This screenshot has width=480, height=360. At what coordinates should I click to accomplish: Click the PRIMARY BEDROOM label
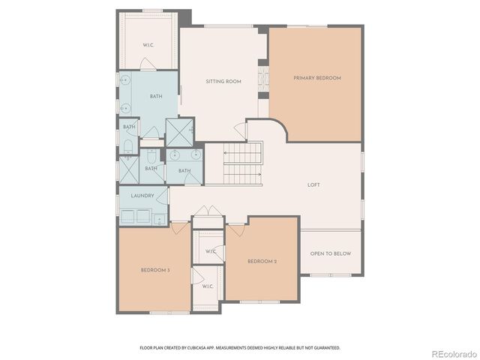coord(317,78)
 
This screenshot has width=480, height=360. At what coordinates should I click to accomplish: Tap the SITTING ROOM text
coord(223,81)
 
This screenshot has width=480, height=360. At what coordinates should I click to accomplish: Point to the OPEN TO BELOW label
coord(331,253)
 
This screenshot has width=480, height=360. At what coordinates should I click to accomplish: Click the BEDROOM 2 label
coord(262,261)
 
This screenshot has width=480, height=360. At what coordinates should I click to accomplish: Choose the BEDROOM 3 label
coord(155,270)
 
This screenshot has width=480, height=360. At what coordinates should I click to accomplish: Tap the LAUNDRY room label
coord(142,196)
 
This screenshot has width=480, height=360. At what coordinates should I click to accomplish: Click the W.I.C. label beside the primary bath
coord(148,45)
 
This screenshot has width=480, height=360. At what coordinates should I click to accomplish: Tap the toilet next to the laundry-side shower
coord(151,158)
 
